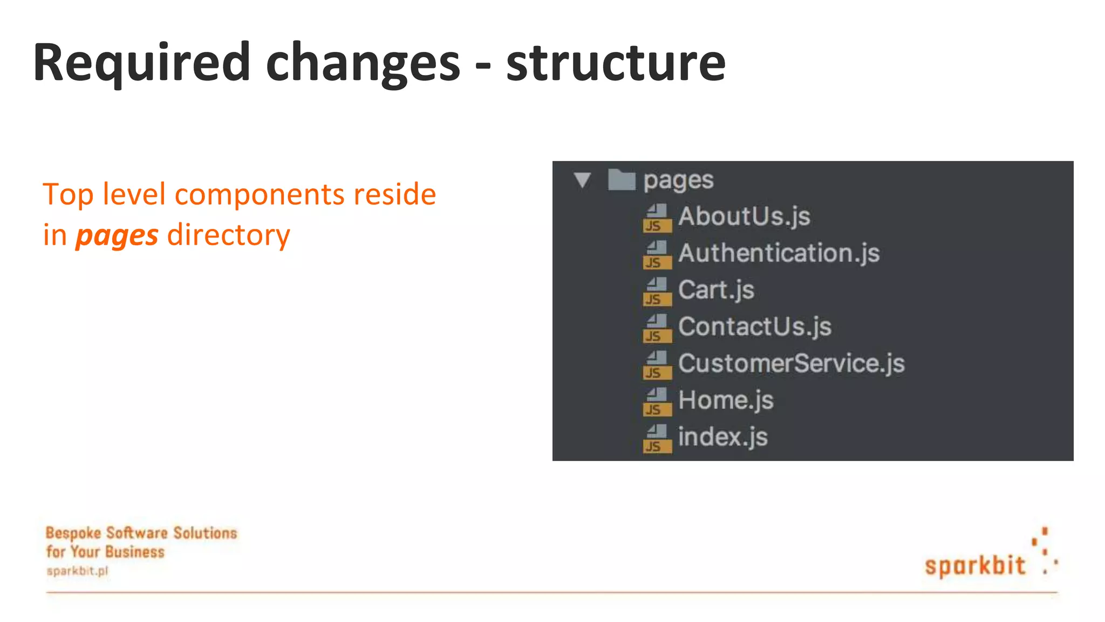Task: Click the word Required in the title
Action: (141, 63)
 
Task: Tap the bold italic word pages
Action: (117, 236)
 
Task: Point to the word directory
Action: (229, 235)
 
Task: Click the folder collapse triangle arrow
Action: (583, 180)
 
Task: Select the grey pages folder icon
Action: (622, 180)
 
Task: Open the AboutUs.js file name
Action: (744, 216)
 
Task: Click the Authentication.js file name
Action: (779, 253)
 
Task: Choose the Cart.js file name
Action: (716, 290)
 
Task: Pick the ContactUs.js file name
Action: (754, 327)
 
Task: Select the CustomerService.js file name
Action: (791, 363)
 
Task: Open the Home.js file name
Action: (726, 400)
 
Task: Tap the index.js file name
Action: (722, 437)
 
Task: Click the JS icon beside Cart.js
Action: (657, 292)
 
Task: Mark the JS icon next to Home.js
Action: (657, 402)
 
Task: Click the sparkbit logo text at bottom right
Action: (975, 565)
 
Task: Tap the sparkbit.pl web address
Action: (77, 571)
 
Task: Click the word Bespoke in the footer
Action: (73, 533)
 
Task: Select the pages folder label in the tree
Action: (678, 180)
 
